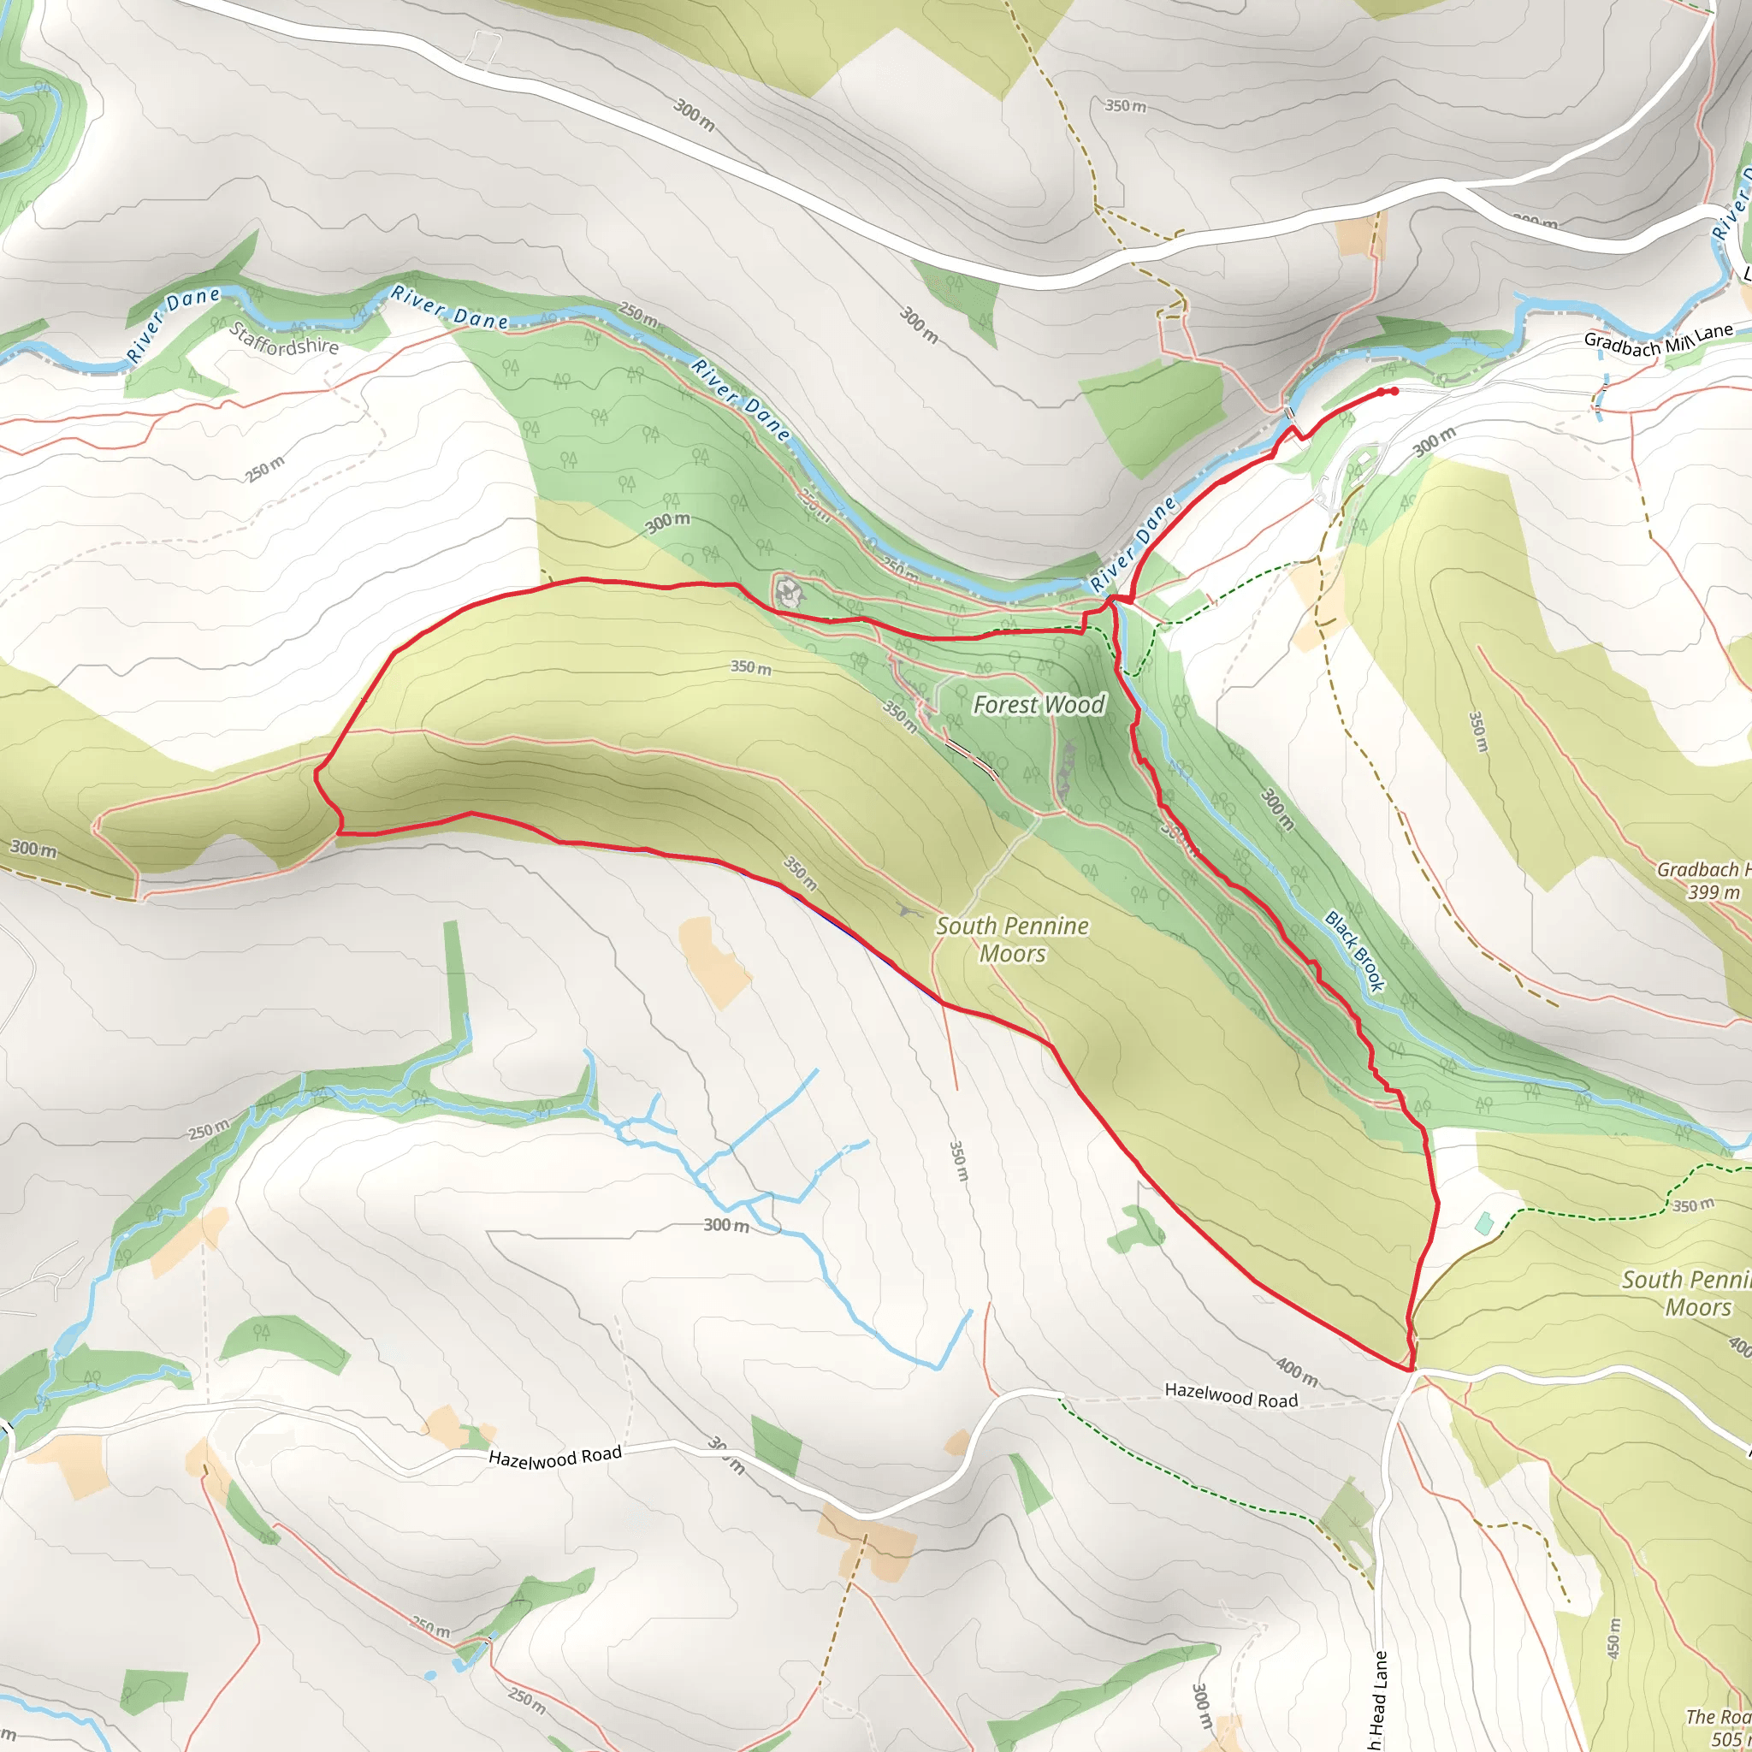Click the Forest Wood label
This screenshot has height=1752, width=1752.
click(x=1039, y=705)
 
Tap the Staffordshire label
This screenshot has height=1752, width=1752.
click(x=284, y=338)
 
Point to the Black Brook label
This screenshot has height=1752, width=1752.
click(x=1356, y=950)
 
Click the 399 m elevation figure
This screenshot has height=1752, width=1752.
click(x=1714, y=892)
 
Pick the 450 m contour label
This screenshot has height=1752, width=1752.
click(x=1614, y=1637)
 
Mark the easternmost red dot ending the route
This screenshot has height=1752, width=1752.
click(x=1394, y=392)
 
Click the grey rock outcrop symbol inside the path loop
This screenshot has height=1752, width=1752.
click(x=789, y=591)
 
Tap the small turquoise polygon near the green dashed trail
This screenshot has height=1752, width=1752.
click(x=1483, y=1223)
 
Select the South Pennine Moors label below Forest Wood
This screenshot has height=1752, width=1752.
click(x=1012, y=939)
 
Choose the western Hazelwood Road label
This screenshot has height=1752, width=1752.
click(x=555, y=1456)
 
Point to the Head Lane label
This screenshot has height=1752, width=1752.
click(x=1379, y=1696)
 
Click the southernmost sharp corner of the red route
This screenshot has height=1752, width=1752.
click(x=1411, y=1370)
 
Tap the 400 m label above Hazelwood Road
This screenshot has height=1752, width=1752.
click(x=1297, y=1372)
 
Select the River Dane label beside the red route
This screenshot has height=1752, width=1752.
click(x=1133, y=544)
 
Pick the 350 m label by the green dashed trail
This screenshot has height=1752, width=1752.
click(x=1693, y=1205)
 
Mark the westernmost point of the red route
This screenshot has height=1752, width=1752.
click(x=316, y=773)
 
